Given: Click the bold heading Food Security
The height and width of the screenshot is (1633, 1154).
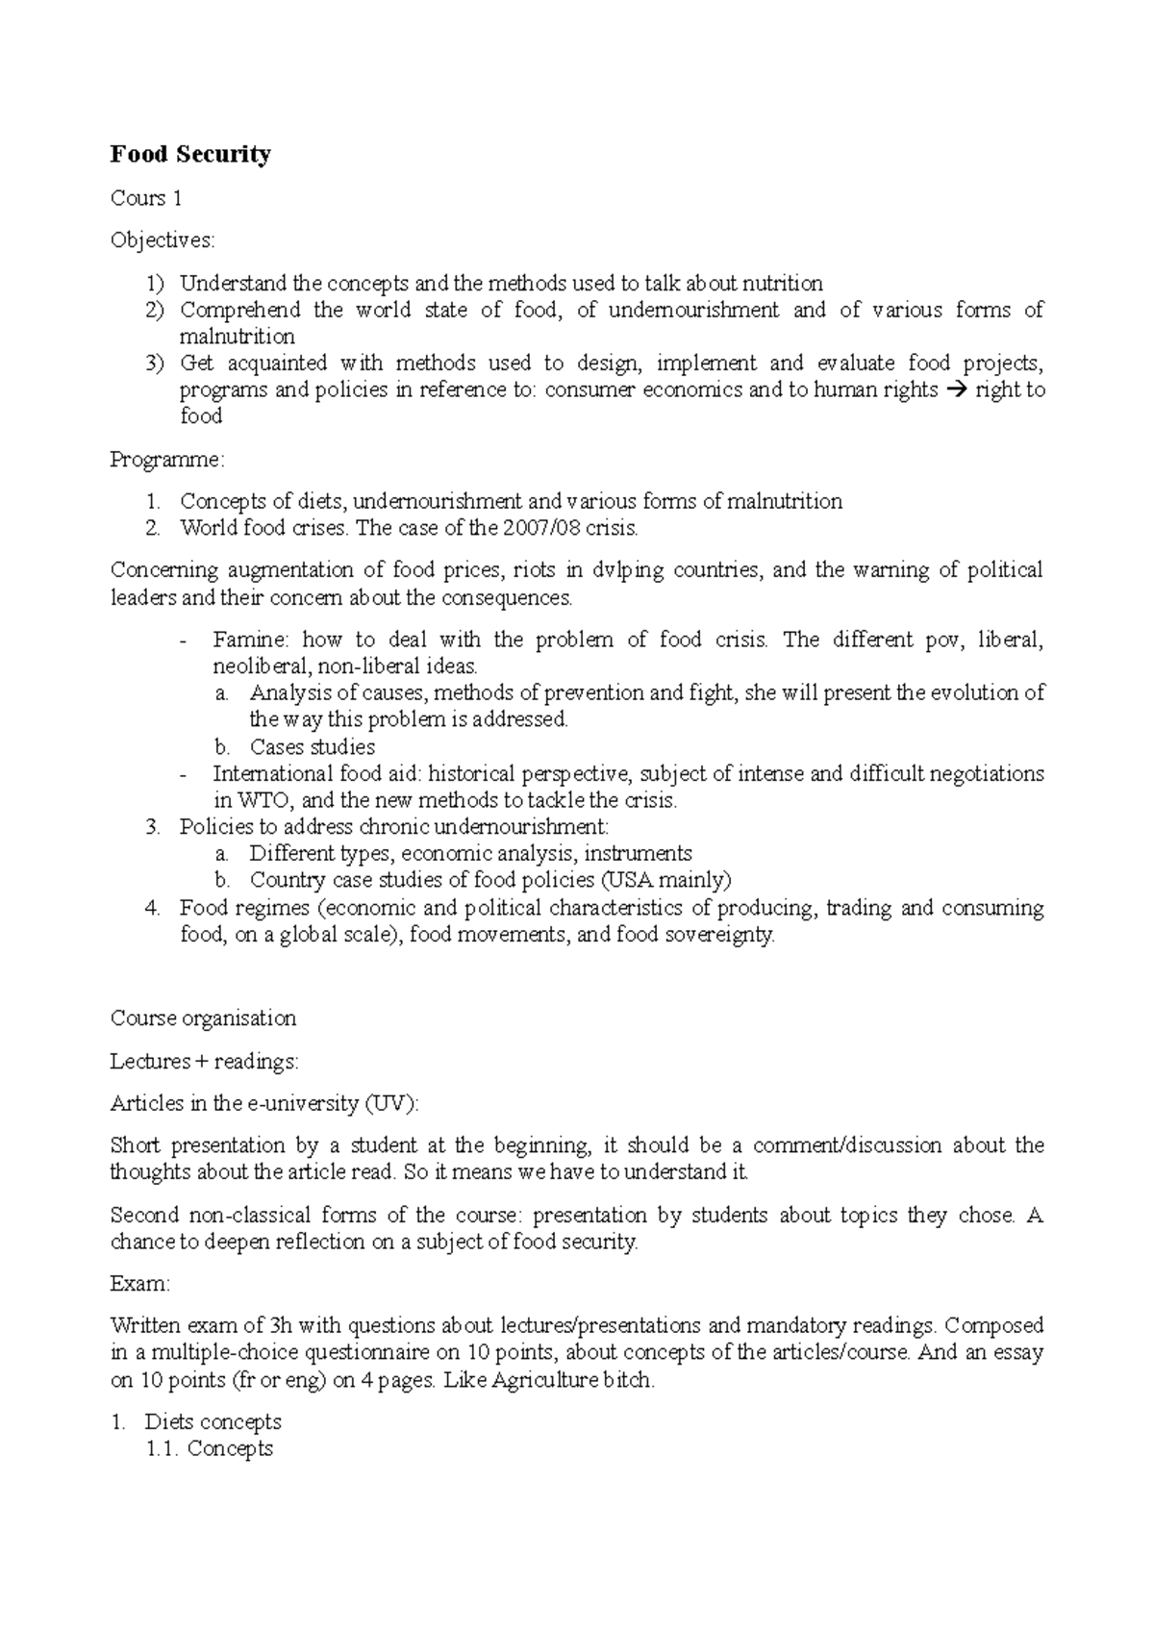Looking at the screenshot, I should [190, 155].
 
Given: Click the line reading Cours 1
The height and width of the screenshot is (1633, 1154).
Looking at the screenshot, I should [146, 199].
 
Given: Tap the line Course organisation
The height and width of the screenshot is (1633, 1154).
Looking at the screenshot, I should [203, 1018].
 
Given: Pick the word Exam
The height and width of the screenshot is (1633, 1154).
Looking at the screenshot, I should [139, 1284].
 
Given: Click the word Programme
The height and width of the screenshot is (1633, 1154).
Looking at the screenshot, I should [166, 461].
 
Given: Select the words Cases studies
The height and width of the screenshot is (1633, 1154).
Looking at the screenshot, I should [313, 747].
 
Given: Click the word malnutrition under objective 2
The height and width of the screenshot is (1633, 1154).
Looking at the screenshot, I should [238, 337].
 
